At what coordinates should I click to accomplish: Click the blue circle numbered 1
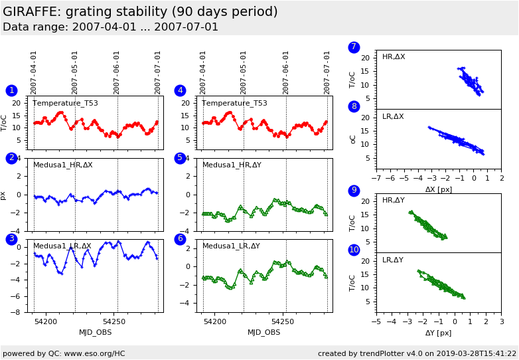tap(11, 90)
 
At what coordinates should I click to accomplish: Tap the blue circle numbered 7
tap(354, 47)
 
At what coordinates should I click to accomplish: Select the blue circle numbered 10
tap(354, 250)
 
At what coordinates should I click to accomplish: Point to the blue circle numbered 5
tap(180, 158)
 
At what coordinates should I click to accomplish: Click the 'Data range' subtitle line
tap(110, 27)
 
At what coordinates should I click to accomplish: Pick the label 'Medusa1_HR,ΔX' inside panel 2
tap(63, 165)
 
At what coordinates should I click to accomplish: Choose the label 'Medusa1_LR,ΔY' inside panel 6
tap(231, 246)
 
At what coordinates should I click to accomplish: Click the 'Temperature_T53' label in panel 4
tap(234, 103)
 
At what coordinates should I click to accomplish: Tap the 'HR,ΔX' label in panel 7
tap(394, 57)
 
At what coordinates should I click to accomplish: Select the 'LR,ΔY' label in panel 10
tap(393, 260)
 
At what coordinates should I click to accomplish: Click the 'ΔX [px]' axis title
tap(438, 189)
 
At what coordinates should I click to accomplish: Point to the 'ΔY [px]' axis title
tap(438, 333)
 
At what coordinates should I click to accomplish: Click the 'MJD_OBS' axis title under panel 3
tap(95, 333)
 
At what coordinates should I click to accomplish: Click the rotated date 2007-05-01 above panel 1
tap(75, 72)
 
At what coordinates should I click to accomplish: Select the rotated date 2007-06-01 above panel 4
tap(286, 72)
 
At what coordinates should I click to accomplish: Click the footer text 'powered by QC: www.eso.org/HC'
tap(64, 353)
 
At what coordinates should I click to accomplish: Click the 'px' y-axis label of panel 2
tap(4, 195)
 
